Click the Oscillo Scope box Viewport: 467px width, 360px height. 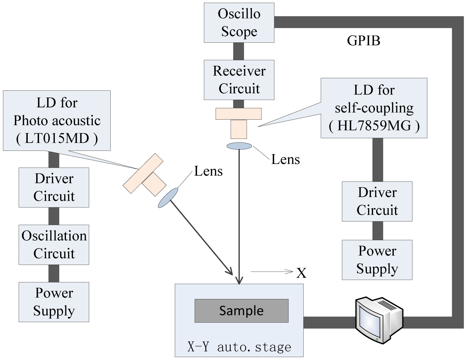(239, 22)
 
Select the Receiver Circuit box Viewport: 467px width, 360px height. (239, 80)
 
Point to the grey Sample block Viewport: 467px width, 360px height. (242, 311)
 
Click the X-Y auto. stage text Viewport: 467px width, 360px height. (239, 347)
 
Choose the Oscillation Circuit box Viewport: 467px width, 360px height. (54, 245)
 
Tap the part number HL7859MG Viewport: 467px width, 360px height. (374, 125)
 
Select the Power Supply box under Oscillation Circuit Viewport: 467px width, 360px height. (54, 302)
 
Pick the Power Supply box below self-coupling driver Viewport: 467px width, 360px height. (377, 260)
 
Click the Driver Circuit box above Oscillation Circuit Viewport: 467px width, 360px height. (54, 187)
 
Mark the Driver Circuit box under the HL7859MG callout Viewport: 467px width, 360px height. (377, 201)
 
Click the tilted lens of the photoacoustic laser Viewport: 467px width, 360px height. (168, 198)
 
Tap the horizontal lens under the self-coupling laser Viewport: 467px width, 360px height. (239, 146)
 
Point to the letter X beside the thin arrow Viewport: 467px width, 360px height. (301, 273)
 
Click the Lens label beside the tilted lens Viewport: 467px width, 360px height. (208, 171)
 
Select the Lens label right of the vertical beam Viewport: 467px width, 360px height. (285, 159)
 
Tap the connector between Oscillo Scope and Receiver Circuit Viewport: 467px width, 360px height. (238, 51)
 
